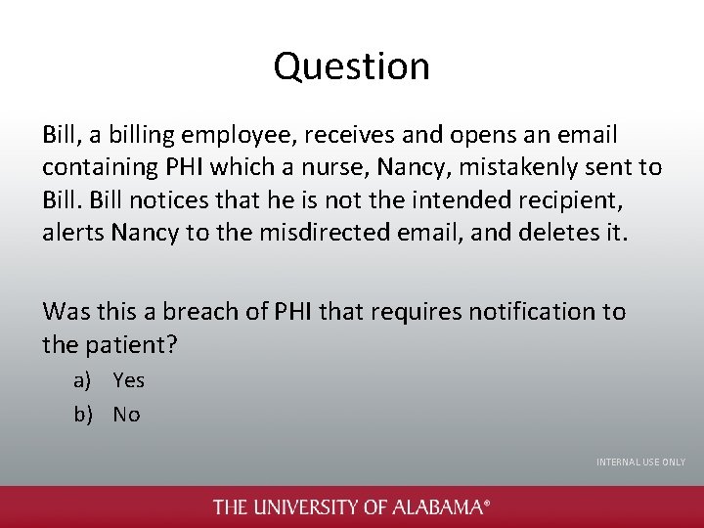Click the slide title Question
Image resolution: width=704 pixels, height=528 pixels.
click(x=351, y=66)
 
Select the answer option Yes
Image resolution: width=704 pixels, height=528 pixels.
click(x=128, y=380)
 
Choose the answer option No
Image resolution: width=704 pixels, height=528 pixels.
click(x=126, y=415)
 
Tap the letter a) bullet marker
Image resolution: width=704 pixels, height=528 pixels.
click(x=85, y=380)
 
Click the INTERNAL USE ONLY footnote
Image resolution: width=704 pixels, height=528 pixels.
click(x=640, y=462)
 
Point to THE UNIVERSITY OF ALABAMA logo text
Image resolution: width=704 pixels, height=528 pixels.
click(x=351, y=506)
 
